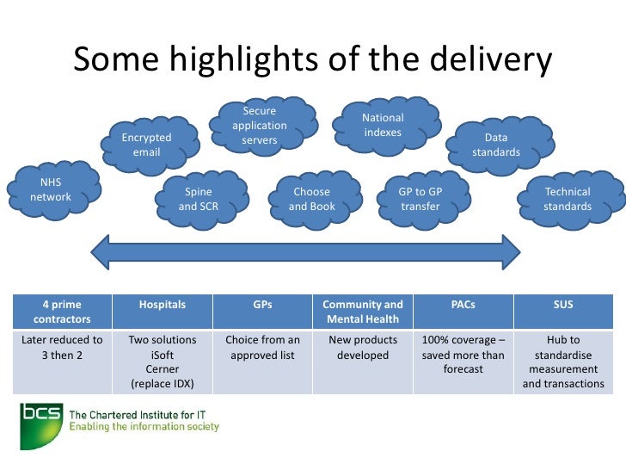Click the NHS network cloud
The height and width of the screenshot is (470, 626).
tap(51, 190)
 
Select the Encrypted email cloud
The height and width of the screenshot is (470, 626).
tap(146, 145)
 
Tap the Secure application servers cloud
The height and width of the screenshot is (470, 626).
tap(259, 126)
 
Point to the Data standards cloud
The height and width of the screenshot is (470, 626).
tap(496, 145)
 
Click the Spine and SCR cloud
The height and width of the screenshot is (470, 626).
tap(198, 199)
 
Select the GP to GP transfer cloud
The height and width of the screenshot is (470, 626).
tap(420, 199)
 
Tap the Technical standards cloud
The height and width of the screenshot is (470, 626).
tap(568, 199)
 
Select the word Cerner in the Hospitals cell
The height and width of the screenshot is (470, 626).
tap(163, 369)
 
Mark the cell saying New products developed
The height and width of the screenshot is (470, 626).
tap(362, 348)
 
